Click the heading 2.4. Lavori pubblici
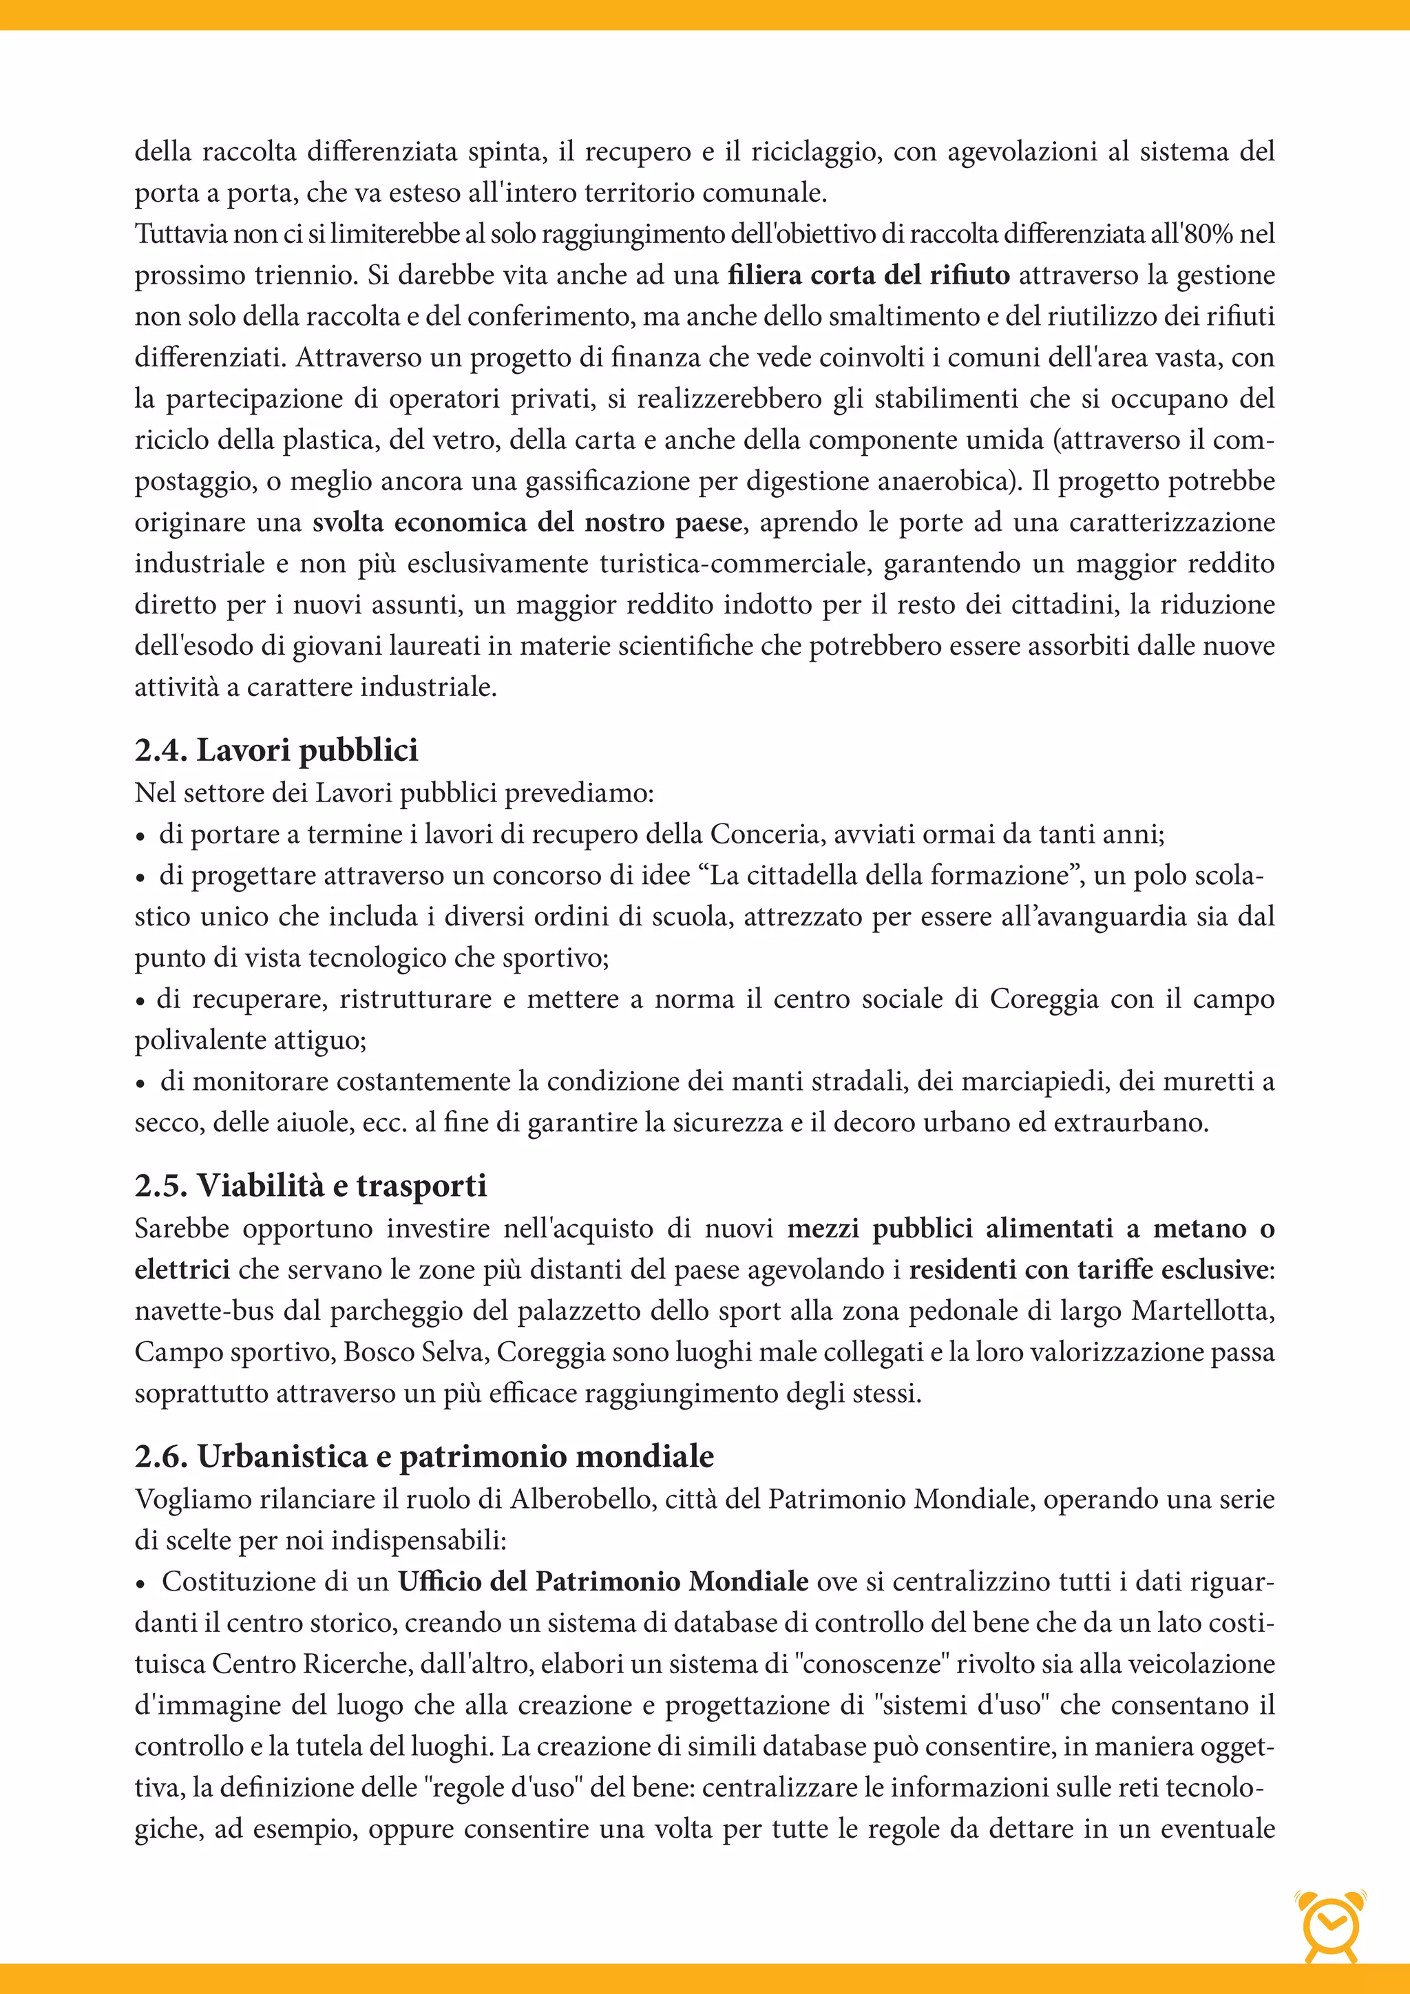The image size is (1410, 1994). (x=276, y=751)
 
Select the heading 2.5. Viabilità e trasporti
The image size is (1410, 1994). (x=310, y=1186)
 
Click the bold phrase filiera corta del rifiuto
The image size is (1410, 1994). (x=868, y=275)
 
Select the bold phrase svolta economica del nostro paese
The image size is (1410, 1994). (x=527, y=523)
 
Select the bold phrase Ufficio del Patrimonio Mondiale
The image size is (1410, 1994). (x=603, y=1582)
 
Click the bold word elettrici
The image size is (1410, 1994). (x=182, y=1270)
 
